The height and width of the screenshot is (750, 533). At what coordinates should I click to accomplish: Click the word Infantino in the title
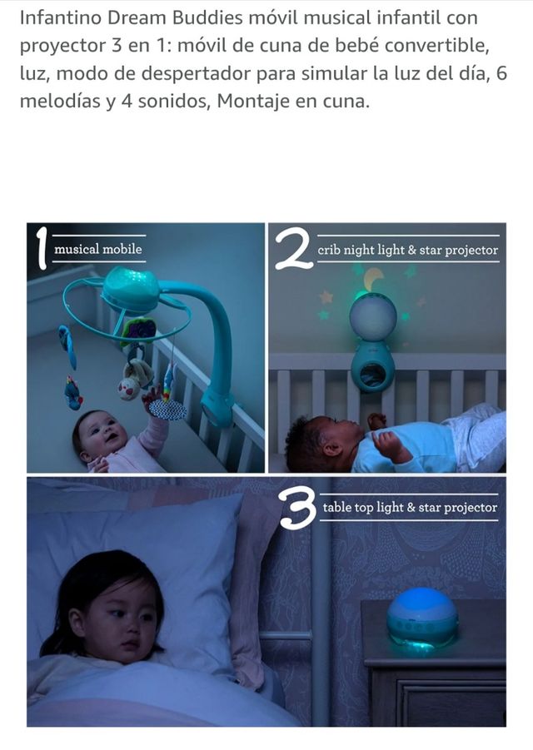[61, 17]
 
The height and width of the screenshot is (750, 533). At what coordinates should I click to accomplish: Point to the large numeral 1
[42, 247]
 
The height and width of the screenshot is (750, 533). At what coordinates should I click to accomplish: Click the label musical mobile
[98, 249]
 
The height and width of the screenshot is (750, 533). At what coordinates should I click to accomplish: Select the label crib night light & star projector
[407, 251]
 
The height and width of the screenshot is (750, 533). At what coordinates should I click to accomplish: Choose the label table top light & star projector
[410, 507]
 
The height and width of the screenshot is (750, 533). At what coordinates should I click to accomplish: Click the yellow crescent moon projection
[373, 280]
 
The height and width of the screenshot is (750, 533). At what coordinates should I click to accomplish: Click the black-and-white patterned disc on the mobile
[168, 410]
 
